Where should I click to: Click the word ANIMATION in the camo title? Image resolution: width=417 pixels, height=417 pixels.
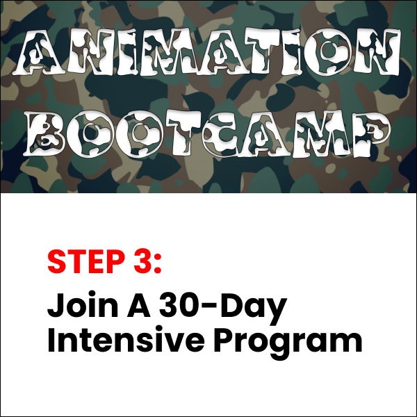(x=208, y=52)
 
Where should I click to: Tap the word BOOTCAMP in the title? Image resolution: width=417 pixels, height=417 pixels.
(x=208, y=133)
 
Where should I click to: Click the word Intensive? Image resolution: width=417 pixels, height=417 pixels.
(x=126, y=340)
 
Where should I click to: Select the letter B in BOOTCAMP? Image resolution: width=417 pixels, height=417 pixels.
(x=45, y=133)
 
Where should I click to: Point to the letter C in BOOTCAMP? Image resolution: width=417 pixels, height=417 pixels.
(x=225, y=135)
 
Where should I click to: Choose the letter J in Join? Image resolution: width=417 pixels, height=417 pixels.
(x=56, y=305)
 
